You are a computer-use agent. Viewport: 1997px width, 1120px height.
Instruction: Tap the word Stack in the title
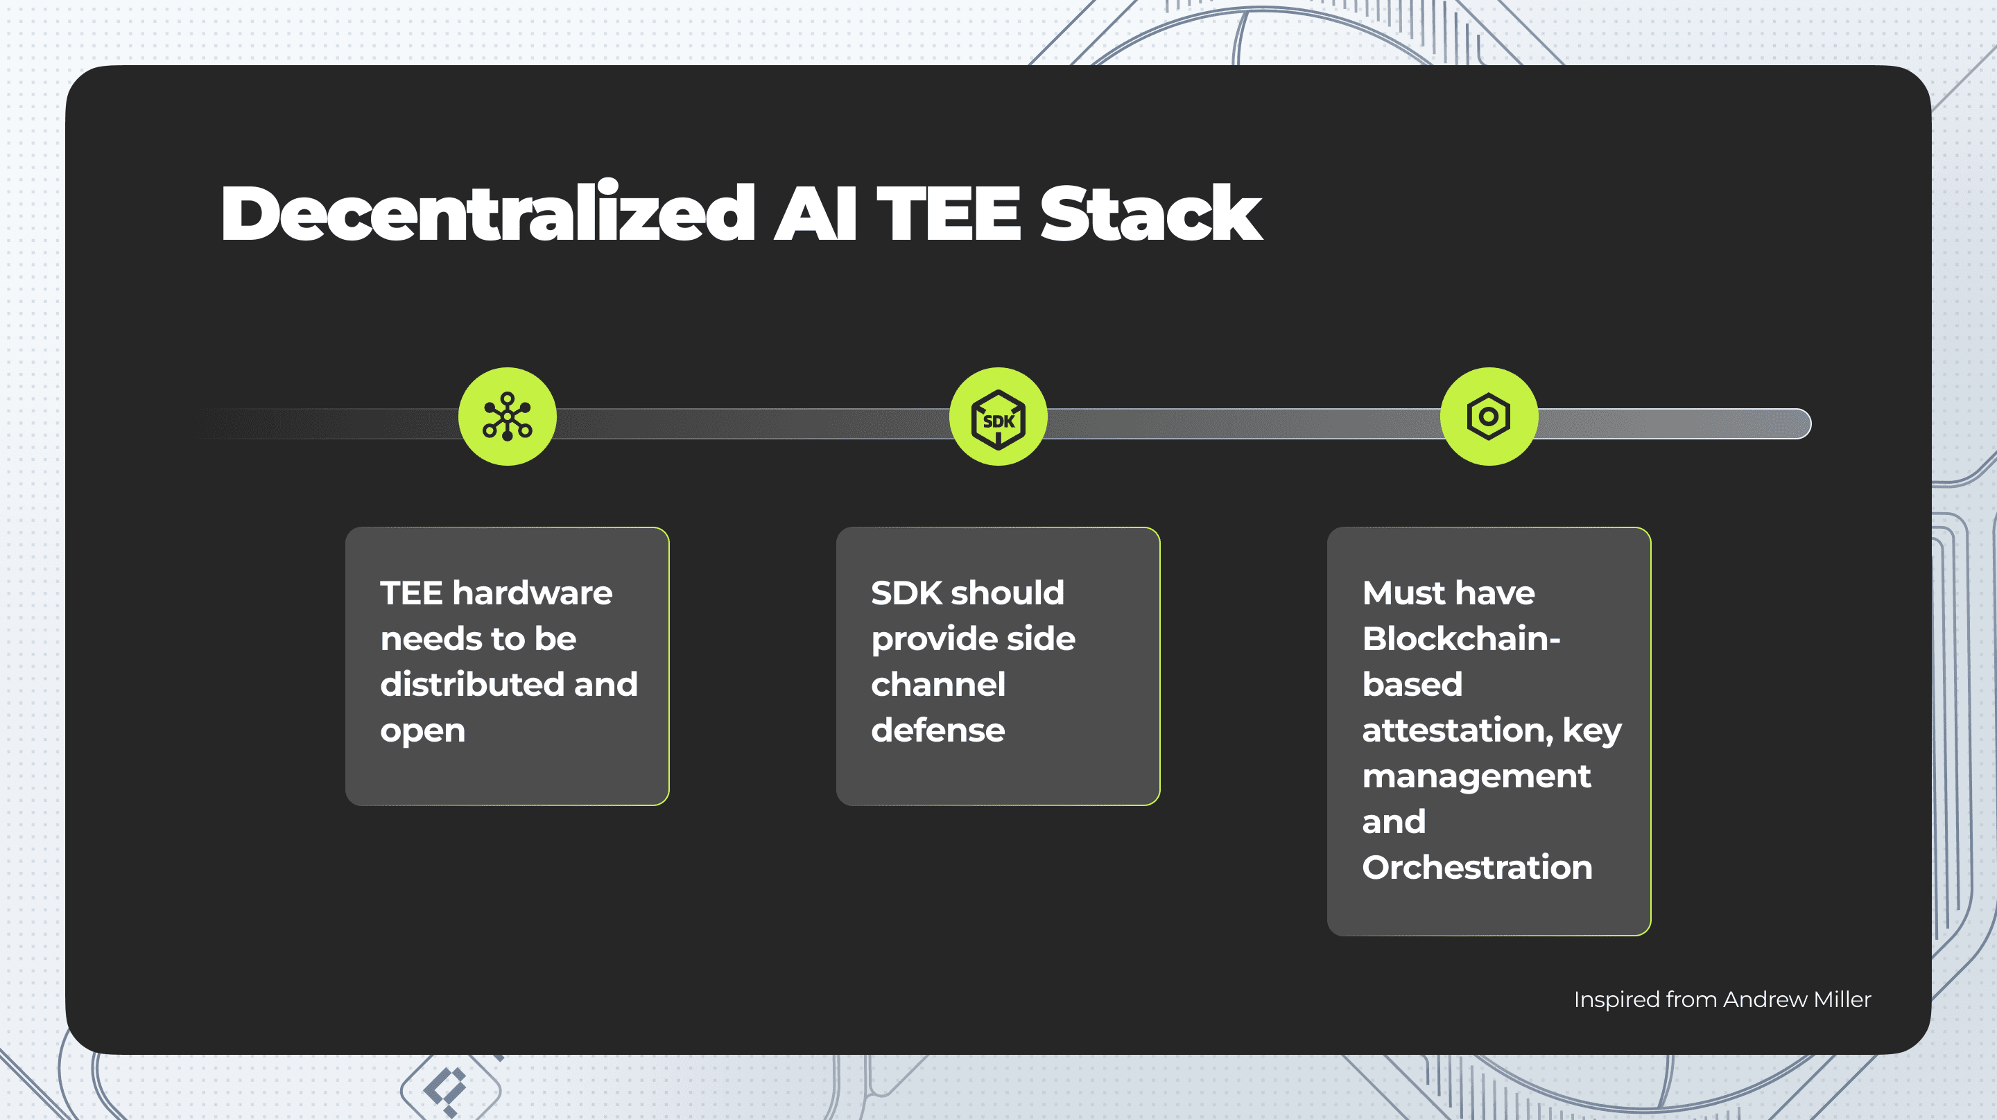pos(1150,213)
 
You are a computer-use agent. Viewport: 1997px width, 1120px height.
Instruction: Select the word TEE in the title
pos(948,213)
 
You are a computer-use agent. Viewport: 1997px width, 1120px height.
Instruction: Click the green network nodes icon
pos(507,417)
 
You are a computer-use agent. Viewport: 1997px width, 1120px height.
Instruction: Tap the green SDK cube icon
pos(998,417)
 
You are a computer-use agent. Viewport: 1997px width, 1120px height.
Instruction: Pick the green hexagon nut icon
pos(1489,417)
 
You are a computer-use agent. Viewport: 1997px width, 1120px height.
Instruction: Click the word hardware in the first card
pos(533,593)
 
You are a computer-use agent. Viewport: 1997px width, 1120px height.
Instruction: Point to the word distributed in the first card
pos(472,684)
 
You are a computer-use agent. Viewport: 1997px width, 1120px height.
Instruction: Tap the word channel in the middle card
pos(938,684)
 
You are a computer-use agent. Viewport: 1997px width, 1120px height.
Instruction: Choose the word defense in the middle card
pos(938,730)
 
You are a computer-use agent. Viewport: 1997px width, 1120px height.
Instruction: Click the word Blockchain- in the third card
pos(1461,639)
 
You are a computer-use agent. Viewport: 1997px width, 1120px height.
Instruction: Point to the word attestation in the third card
pos(1458,730)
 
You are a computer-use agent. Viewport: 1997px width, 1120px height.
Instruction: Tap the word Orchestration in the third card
pos(1477,867)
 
